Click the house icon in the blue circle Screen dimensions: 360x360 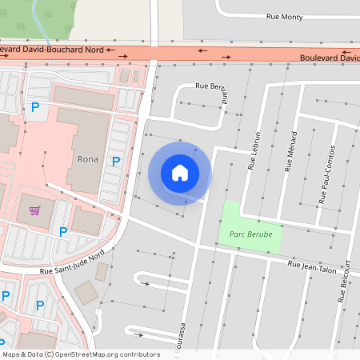tap(179, 172)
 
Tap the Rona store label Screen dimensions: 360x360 tap(88, 158)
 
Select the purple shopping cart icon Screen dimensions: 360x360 tap(34, 210)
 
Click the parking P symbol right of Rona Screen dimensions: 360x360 tap(116, 161)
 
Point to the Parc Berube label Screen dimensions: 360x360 tap(250, 234)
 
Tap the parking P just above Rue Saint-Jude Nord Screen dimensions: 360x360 tap(62, 232)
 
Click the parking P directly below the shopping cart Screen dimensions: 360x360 tap(39, 306)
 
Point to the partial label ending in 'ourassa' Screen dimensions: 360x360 tap(182, 337)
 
